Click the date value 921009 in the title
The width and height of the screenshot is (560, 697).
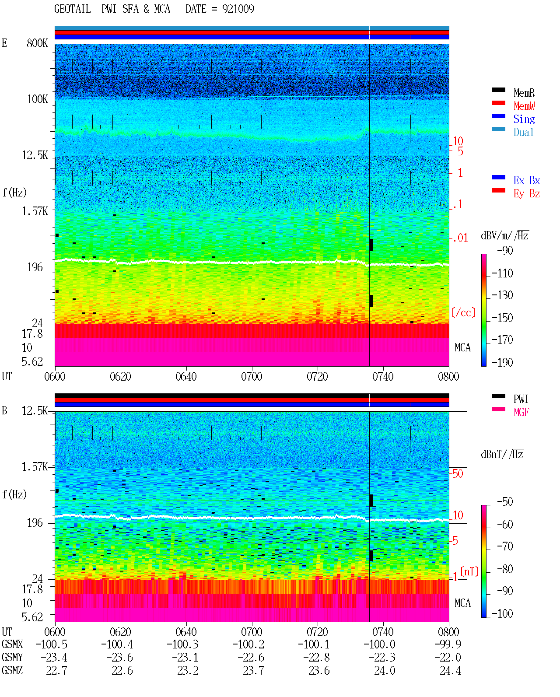(x=238, y=9)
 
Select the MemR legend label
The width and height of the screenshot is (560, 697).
(x=524, y=93)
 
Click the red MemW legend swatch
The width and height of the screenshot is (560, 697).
(x=498, y=103)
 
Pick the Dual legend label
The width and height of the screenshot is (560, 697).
(x=523, y=132)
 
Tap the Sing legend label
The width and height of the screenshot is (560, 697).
(x=524, y=119)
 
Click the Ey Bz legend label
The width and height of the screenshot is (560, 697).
(x=527, y=194)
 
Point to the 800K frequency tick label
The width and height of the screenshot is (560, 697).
(x=37, y=43)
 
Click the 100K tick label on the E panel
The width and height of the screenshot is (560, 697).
(x=37, y=99)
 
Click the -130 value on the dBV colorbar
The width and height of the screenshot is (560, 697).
(x=502, y=295)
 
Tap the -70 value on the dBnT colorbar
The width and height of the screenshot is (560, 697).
(x=505, y=546)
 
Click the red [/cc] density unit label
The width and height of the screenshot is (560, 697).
(x=463, y=312)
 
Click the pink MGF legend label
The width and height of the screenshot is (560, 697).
(x=521, y=412)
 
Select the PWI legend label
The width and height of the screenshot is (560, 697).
(x=521, y=399)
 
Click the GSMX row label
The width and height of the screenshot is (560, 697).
(x=12, y=644)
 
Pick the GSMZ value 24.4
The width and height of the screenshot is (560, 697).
(x=450, y=670)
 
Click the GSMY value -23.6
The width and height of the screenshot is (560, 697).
(x=119, y=658)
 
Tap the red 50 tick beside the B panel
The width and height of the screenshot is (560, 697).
(x=458, y=474)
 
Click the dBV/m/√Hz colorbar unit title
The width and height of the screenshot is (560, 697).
(x=505, y=235)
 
